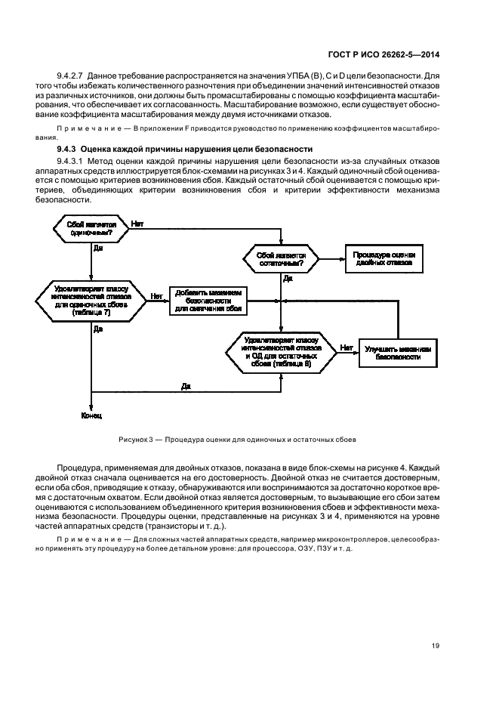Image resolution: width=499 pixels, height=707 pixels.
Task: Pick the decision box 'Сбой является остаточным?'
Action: click(x=281, y=261)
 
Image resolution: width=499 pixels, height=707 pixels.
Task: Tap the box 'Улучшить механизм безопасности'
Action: click(x=398, y=353)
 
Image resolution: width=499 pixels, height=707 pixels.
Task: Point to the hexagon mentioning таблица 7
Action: click(x=91, y=301)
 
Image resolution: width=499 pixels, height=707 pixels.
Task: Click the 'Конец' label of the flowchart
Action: click(x=91, y=415)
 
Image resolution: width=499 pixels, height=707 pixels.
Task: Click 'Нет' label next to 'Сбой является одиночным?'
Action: click(x=138, y=224)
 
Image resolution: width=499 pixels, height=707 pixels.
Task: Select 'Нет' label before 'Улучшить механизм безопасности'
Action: click(x=346, y=347)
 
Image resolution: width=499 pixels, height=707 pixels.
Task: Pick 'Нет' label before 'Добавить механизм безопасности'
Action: click(x=156, y=296)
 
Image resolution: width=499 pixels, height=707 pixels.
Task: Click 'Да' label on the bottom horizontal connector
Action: click(x=186, y=386)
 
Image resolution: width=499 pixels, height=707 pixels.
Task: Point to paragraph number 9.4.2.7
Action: click(x=73, y=76)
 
